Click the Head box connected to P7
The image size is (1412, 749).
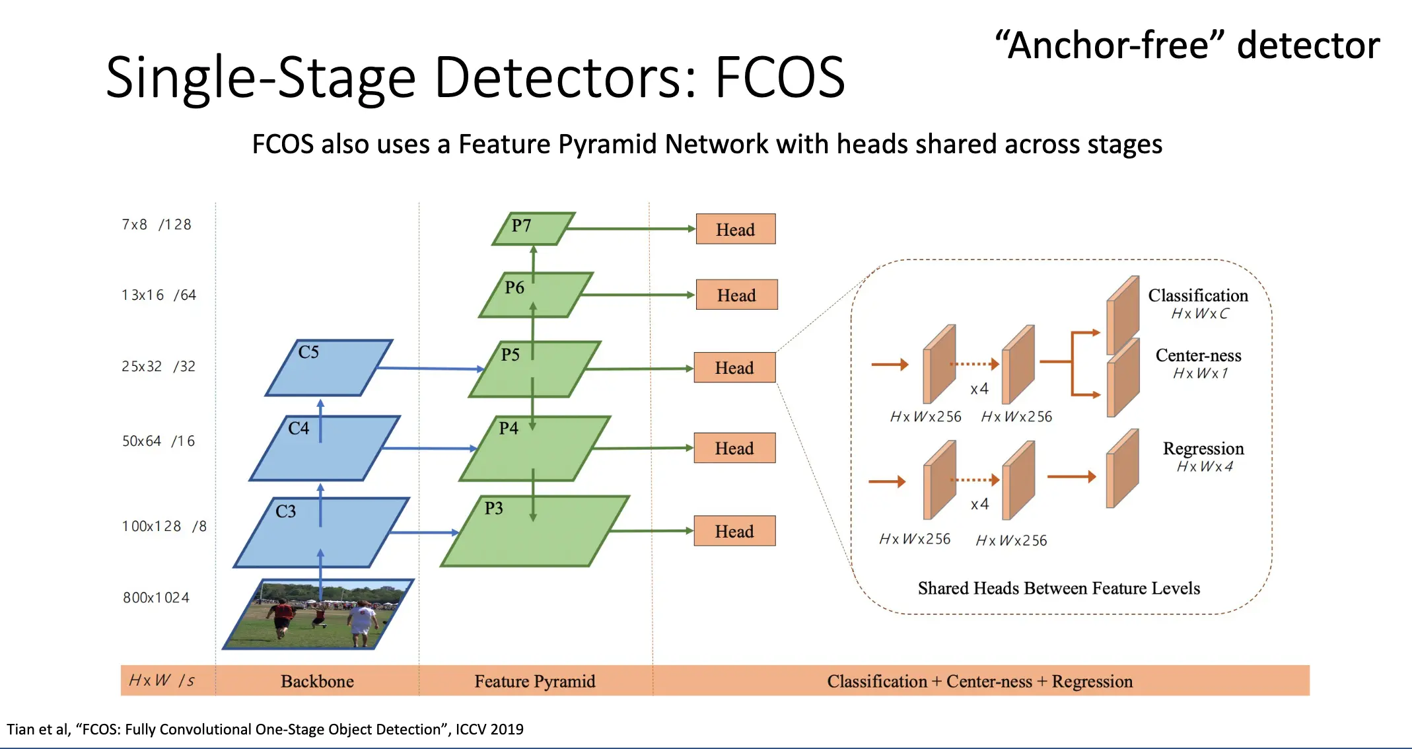(x=735, y=229)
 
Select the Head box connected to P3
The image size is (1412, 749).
(x=734, y=531)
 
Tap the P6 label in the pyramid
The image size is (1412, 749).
(x=514, y=287)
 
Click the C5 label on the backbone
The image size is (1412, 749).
(x=308, y=352)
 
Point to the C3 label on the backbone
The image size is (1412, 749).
(x=286, y=511)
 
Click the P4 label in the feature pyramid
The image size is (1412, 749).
(x=509, y=428)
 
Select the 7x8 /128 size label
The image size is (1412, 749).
(x=157, y=225)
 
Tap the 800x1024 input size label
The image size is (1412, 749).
(x=156, y=598)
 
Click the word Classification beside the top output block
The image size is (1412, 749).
(x=1198, y=295)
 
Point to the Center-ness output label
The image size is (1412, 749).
(x=1198, y=355)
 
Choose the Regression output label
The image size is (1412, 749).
(x=1203, y=448)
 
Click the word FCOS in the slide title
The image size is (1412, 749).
(x=779, y=77)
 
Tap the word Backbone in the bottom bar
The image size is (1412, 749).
(x=317, y=681)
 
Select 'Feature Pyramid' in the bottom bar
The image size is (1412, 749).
(x=535, y=681)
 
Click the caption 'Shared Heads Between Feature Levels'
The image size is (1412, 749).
(x=1059, y=588)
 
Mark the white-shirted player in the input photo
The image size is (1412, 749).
(x=361, y=622)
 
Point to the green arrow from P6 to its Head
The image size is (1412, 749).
(x=637, y=295)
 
